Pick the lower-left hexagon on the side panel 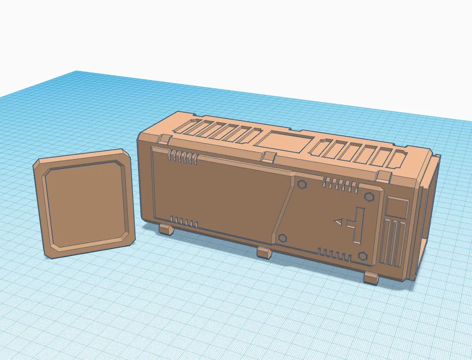click(x=283, y=238)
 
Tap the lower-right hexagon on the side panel click(x=362, y=256)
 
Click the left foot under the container click(x=166, y=229)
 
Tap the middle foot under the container click(x=264, y=252)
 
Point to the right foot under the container click(x=372, y=278)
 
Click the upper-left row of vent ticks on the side click(x=182, y=157)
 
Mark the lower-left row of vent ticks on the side click(x=183, y=222)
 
